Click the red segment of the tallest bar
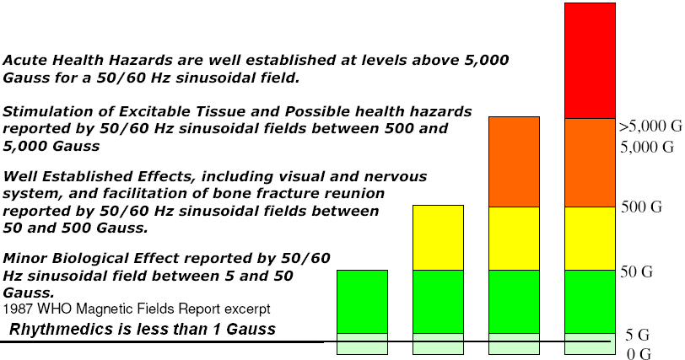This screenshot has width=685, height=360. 590,60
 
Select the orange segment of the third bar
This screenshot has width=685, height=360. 514,162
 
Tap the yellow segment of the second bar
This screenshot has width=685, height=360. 438,238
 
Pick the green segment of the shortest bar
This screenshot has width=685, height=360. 362,302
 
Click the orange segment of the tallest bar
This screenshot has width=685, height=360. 590,163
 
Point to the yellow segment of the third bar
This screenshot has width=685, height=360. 514,239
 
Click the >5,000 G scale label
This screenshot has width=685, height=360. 650,126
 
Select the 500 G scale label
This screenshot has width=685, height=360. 642,207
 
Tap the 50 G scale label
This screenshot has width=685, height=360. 637,271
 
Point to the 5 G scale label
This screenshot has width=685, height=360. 638,335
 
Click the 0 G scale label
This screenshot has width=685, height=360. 639,353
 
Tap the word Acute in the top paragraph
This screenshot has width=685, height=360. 24,60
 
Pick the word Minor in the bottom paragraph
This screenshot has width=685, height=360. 25,258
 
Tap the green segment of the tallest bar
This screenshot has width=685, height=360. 590,302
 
